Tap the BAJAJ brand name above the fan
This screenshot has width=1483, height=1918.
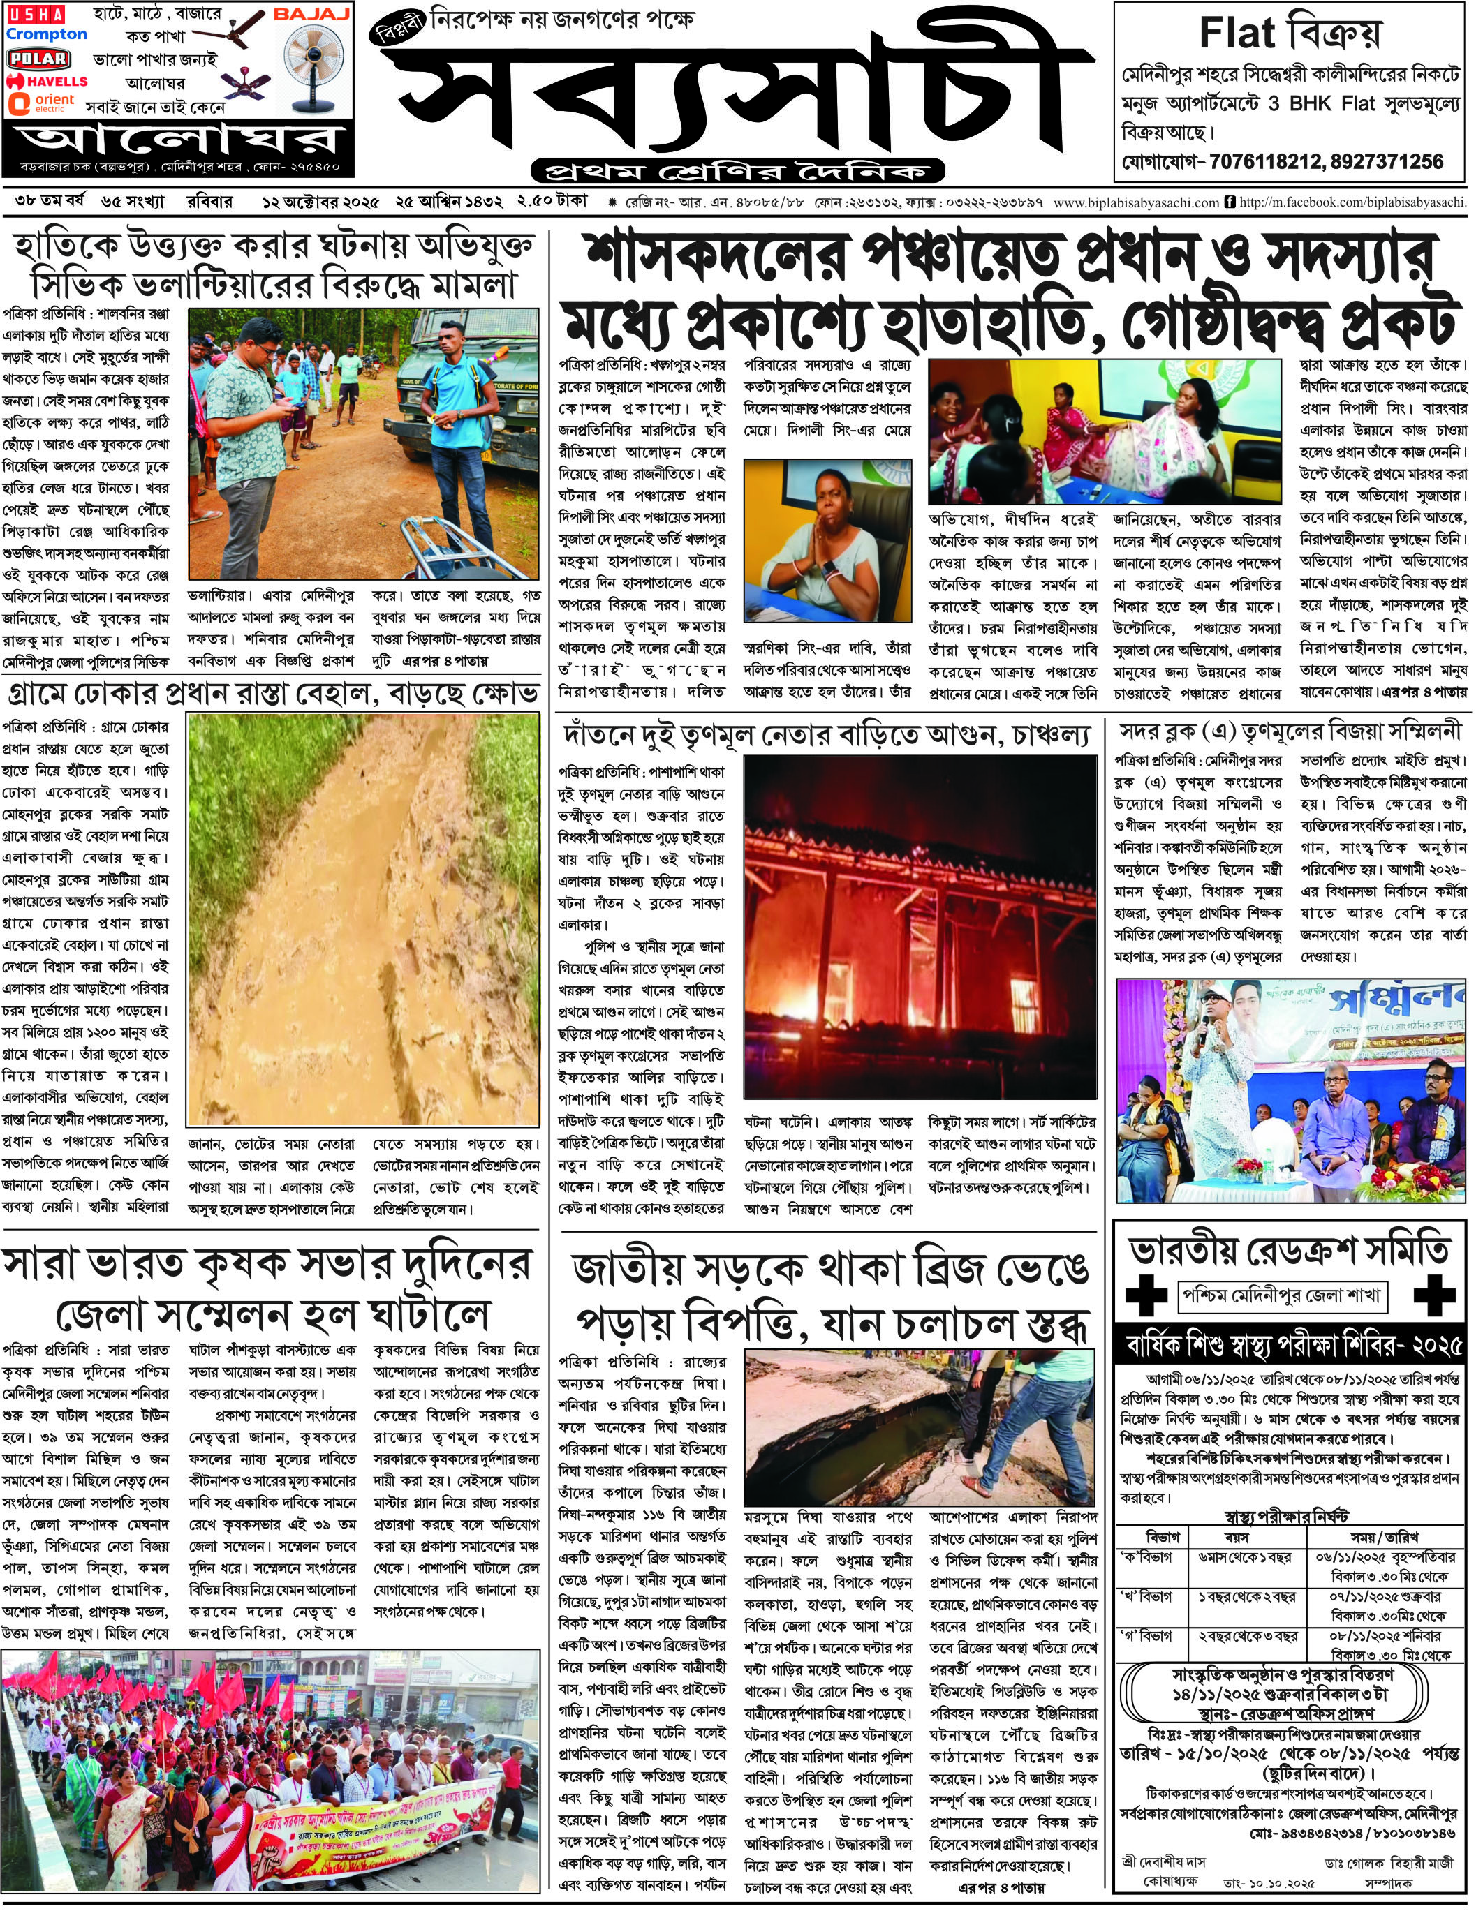coord(312,14)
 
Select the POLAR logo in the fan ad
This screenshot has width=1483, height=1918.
coord(38,59)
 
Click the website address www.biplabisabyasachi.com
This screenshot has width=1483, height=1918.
coord(1136,203)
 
